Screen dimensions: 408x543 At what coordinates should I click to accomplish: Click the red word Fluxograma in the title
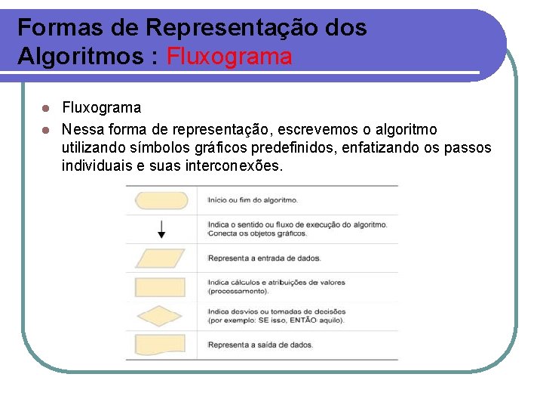pos(229,56)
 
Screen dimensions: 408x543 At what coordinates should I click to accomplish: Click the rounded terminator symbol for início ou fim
pos(159,200)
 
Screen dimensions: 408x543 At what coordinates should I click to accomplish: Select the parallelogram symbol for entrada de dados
pos(159,258)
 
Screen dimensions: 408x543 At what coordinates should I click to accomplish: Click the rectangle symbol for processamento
pos(159,287)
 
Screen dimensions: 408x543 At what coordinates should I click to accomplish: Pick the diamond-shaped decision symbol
pos(159,316)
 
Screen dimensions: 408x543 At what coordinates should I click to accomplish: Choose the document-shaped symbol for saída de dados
pos(159,345)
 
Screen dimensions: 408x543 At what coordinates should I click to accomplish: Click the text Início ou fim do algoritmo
pos(253,200)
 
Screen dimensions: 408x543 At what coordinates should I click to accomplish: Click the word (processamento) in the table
pos(238,291)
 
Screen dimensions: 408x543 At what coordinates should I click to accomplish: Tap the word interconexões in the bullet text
pos(233,165)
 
